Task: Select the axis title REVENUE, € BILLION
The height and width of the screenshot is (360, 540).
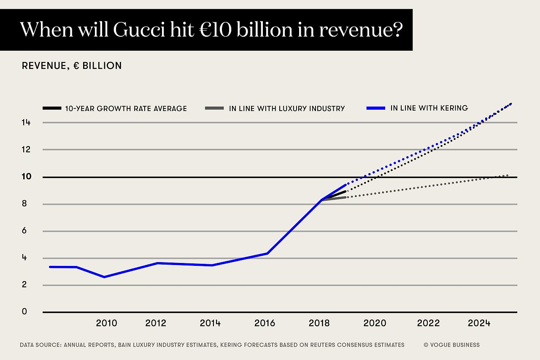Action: point(72,66)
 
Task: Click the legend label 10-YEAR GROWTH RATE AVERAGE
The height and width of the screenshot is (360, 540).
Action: point(126,108)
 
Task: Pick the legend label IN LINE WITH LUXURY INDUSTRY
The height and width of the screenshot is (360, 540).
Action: point(287,108)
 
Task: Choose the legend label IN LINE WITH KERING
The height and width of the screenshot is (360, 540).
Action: point(429,108)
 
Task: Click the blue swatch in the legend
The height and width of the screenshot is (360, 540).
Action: point(376,108)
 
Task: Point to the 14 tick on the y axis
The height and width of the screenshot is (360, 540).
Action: point(26,122)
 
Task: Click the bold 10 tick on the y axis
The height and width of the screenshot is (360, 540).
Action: point(26,176)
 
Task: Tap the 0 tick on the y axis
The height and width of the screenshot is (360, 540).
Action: point(24,312)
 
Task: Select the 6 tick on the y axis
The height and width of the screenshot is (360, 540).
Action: point(24,231)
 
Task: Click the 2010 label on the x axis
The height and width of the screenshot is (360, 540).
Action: point(106,323)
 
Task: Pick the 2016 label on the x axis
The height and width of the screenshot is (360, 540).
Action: point(265,323)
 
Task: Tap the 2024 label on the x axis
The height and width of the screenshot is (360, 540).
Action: point(479,323)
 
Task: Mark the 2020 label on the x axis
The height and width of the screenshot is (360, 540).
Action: point(375,323)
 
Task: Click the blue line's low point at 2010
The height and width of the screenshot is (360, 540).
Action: point(104,277)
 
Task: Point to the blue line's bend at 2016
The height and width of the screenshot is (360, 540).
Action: point(267,253)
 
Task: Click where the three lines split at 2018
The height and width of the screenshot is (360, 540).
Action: point(322,200)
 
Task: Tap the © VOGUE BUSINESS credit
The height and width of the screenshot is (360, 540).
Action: point(452,345)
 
